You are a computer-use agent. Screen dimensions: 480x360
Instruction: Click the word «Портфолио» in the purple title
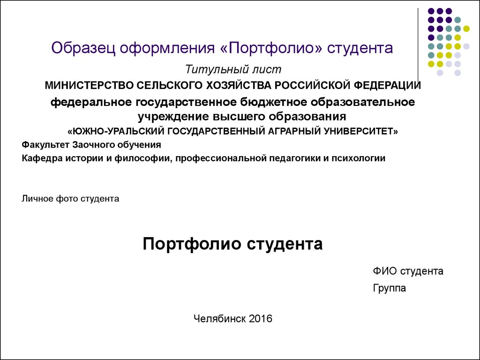point(271,48)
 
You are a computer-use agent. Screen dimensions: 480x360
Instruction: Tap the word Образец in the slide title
point(83,48)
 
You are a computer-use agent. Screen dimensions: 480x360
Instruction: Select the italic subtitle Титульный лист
point(233,69)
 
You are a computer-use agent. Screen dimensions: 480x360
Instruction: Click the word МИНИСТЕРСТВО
point(89,85)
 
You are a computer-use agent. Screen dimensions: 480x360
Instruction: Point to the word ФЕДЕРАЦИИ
point(387,85)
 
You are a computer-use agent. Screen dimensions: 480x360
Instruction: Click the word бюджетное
point(274,102)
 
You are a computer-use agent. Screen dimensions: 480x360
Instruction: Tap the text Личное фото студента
point(70,199)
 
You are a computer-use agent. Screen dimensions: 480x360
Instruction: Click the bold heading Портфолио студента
point(232,244)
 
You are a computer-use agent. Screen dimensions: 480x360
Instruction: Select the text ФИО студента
point(408,271)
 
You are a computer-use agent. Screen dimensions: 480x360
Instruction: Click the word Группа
point(390,288)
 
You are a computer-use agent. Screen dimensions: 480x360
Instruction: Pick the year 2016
point(261,319)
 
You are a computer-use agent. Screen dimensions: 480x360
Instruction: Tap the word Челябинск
point(220,319)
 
